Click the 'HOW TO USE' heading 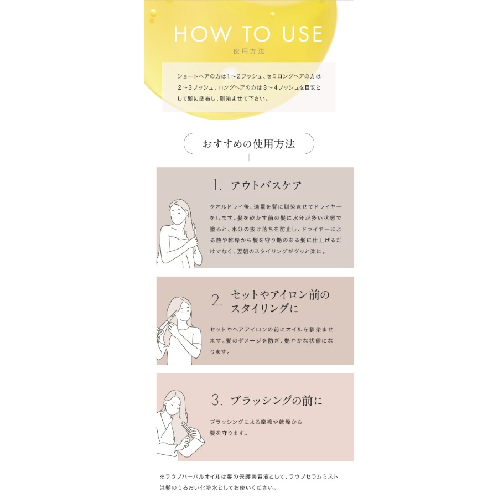coord(248,34)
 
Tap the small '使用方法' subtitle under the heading coord(248,51)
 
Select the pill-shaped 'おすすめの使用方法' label coord(248,144)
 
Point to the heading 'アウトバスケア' coord(266,185)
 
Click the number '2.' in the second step coord(217,300)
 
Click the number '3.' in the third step coord(217,400)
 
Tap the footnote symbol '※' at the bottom coord(162,476)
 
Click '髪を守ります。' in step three coord(228,433)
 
